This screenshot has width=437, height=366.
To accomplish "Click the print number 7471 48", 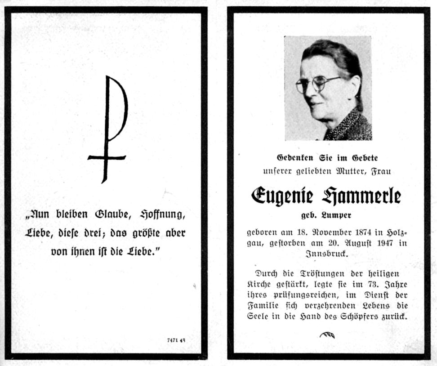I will click(x=176, y=340).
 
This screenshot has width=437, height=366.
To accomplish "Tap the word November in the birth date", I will click(x=315, y=232).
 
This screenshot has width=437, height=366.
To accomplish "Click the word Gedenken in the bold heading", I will click(x=295, y=158).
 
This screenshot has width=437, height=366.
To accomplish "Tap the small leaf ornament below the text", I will click(x=327, y=335).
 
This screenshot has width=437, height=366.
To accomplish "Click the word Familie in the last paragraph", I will click(x=263, y=306).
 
